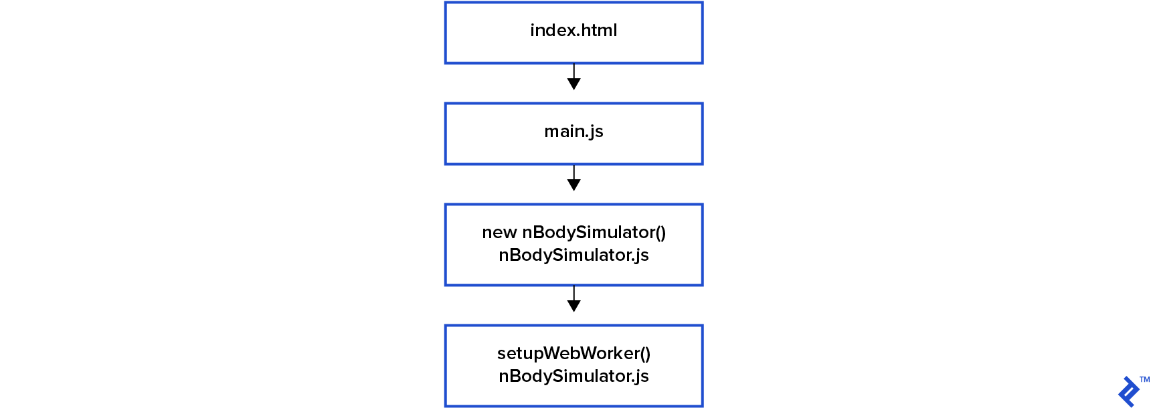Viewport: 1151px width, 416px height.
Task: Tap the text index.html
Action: pyautogui.click(x=573, y=30)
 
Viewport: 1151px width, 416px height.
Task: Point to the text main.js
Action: pyautogui.click(x=573, y=131)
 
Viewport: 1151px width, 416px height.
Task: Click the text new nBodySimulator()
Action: pyautogui.click(x=573, y=232)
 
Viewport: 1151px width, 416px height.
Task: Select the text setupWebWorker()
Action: pyautogui.click(x=573, y=353)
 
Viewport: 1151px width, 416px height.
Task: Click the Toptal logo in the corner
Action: pyautogui.click(x=1130, y=392)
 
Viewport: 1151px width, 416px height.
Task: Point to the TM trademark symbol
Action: pyautogui.click(x=1144, y=379)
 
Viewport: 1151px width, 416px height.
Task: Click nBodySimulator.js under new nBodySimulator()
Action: pyautogui.click(x=573, y=255)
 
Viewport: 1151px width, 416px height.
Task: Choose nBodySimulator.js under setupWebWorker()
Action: pyautogui.click(x=573, y=377)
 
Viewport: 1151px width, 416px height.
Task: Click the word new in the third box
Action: pyautogui.click(x=499, y=233)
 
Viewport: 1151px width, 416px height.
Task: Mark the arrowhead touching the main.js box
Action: pyautogui.click(x=573, y=84)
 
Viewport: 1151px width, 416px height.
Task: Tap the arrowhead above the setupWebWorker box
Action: pyautogui.click(x=573, y=306)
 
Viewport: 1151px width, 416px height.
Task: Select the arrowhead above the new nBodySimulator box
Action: pyautogui.click(x=573, y=185)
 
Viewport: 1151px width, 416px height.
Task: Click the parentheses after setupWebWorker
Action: pyautogui.click(x=645, y=353)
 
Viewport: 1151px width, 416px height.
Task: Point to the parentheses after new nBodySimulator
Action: pyautogui.click(x=660, y=232)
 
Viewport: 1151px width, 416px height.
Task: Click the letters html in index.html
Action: pyautogui.click(x=598, y=30)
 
